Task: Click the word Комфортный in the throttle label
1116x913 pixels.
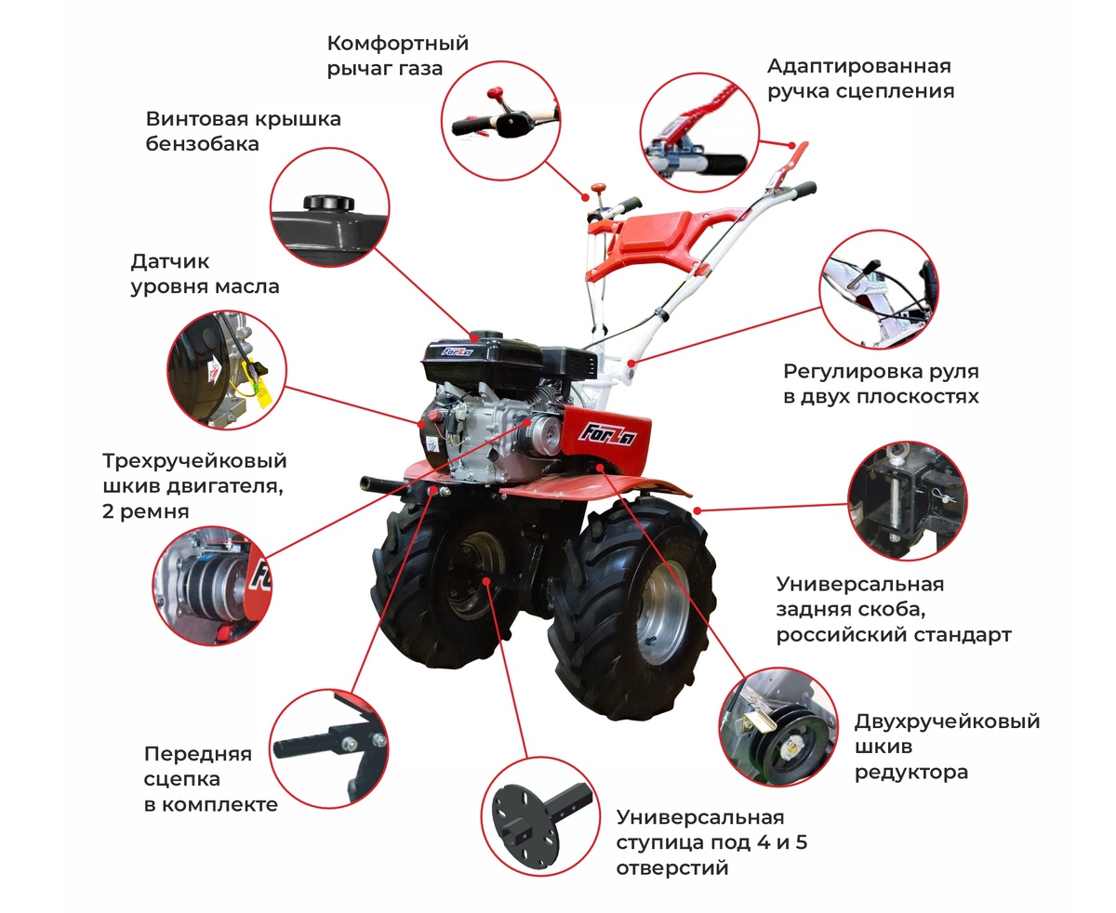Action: (x=398, y=45)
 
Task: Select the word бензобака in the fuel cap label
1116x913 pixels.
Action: (x=202, y=144)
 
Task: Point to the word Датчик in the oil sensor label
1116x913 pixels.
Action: (x=170, y=262)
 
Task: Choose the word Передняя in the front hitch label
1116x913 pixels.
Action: (x=197, y=754)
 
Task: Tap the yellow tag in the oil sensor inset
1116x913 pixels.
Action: (x=262, y=396)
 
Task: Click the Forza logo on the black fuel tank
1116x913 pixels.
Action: (x=457, y=351)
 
